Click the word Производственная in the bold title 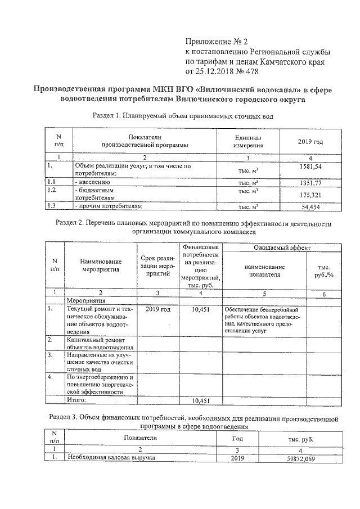point(67,89)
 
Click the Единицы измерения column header point(247,141)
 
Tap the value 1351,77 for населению point(310,183)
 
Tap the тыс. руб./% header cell point(323,271)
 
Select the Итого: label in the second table point(76,400)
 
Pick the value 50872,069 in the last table point(300,459)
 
